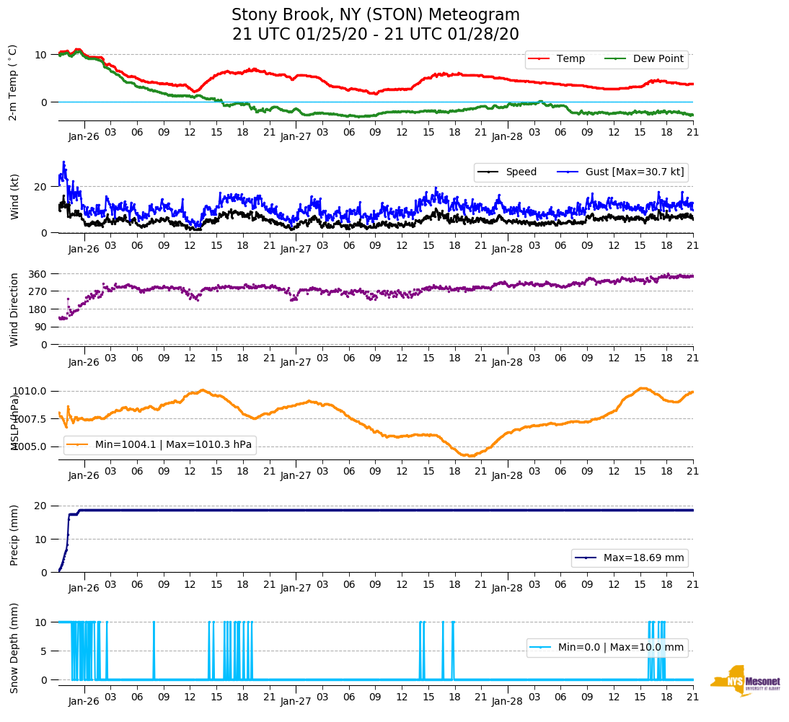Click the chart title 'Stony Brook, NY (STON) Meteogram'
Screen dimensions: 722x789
point(375,15)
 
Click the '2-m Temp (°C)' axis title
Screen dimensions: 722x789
point(13,82)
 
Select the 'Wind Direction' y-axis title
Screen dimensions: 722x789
point(13,309)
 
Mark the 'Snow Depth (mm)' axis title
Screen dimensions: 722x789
point(13,648)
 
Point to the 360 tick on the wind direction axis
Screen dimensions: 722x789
point(38,274)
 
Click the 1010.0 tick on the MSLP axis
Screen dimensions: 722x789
point(30,391)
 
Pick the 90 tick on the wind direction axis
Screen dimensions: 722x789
point(40,327)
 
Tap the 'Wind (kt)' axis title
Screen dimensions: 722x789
point(13,196)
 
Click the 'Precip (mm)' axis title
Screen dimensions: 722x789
point(13,539)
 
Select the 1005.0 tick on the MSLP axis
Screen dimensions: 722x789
point(30,446)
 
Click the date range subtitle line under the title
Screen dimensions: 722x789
point(375,35)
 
